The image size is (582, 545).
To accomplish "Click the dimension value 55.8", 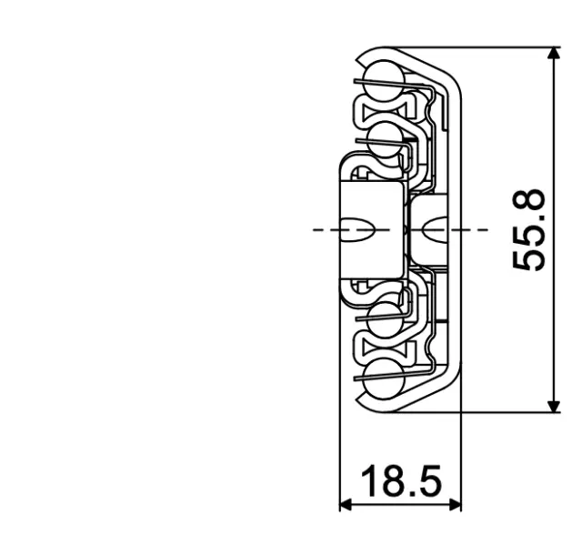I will (529, 230).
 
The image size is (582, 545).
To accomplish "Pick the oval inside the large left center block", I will (359, 229).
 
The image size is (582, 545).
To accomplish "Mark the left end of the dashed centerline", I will (315, 229).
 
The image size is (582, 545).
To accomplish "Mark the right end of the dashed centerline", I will (484, 229).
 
